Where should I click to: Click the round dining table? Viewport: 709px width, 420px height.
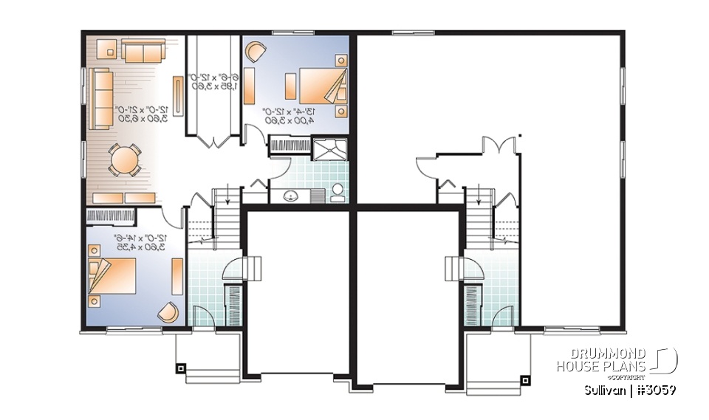click(124, 159)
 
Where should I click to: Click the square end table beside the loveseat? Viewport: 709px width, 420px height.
click(109, 51)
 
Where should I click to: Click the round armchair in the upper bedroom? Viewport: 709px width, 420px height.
click(255, 52)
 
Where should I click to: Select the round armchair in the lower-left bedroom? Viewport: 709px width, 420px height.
click(168, 312)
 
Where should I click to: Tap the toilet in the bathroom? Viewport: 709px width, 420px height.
click(338, 192)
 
